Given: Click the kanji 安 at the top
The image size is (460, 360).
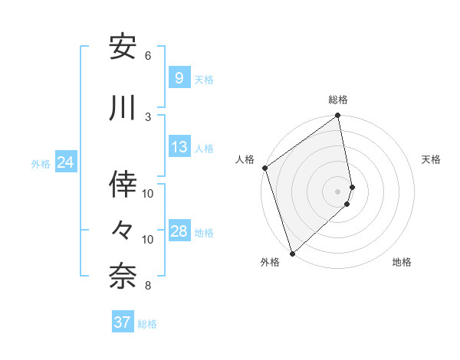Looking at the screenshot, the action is [x=123, y=47].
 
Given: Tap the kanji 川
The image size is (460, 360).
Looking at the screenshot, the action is [x=123, y=108].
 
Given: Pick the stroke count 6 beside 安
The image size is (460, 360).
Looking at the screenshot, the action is [x=148, y=56].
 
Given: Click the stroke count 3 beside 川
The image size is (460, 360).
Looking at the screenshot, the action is [x=148, y=116].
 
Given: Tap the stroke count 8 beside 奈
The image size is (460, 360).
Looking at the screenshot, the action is [x=148, y=286].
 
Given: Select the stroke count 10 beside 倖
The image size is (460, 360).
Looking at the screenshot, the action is [x=148, y=193].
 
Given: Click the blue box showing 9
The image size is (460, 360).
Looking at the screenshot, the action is [x=179, y=77].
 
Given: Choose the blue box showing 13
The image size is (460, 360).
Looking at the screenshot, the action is [x=179, y=147].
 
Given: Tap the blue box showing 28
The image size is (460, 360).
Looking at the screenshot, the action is [x=179, y=231].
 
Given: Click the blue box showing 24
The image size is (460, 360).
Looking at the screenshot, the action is [x=66, y=162].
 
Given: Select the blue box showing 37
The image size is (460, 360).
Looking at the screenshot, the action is [x=123, y=322].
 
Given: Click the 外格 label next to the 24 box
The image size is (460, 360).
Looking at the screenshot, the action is [x=41, y=163].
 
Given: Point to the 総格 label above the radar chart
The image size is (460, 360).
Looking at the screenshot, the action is [x=338, y=100].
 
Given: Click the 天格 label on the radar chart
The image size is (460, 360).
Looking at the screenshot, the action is [x=432, y=159].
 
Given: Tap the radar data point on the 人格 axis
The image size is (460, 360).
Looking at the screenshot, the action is [x=264, y=168].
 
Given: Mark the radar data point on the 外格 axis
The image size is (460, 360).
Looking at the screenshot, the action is [x=292, y=252].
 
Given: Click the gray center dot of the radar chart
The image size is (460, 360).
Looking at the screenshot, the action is [x=337, y=191].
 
